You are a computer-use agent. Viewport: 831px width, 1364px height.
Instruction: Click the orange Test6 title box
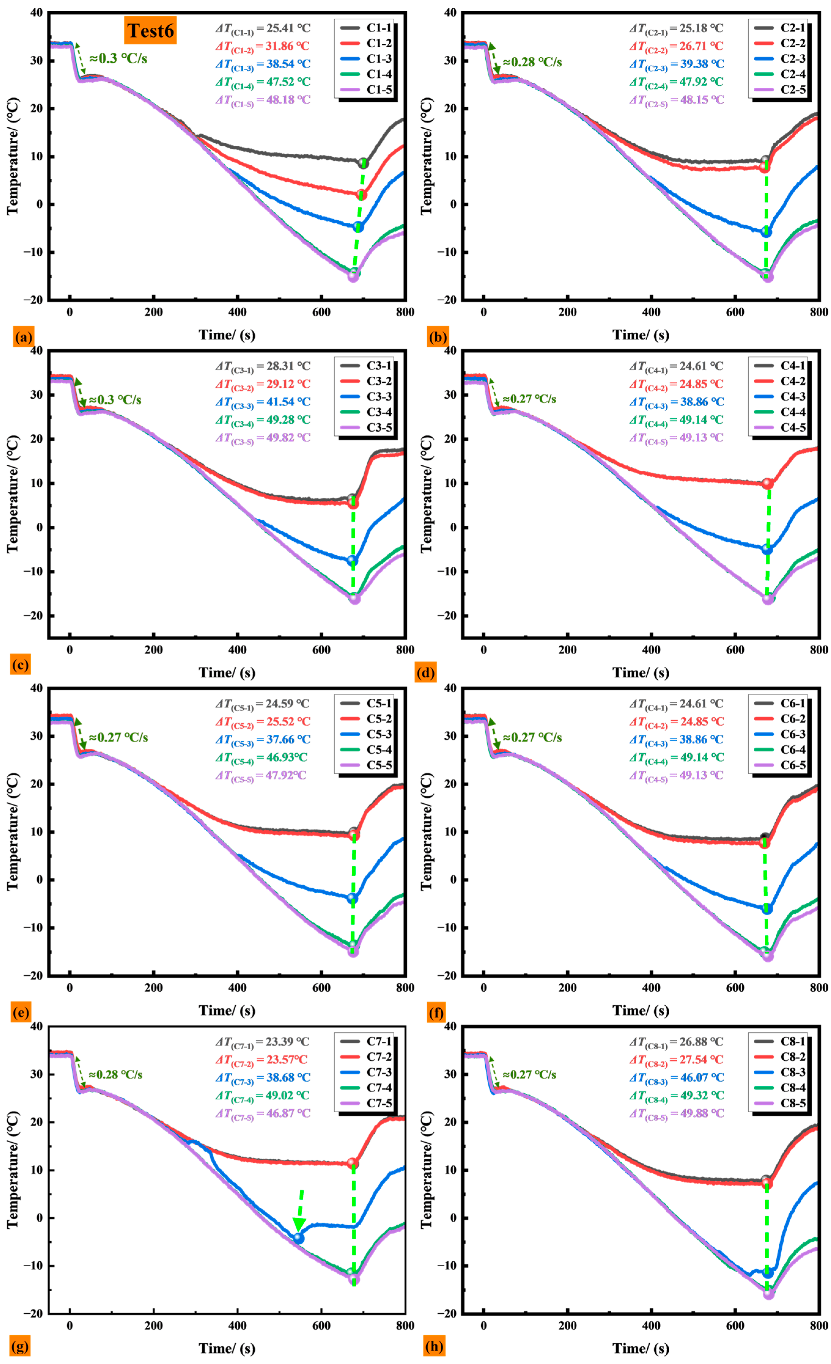pyautogui.click(x=150, y=31)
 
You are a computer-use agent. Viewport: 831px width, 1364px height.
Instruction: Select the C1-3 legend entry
pyautogui.click(x=366, y=59)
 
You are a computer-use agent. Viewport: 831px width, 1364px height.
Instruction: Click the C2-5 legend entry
pyautogui.click(x=779, y=90)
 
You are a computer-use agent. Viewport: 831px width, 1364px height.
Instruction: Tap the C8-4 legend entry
pyautogui.click(x=779, y=1088)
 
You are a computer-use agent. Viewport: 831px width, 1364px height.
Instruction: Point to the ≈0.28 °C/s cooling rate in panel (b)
pyautogui.click(x=532, y=62)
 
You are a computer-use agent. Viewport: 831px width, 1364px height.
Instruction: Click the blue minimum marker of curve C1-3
pyautogui.click(x=358, y=226)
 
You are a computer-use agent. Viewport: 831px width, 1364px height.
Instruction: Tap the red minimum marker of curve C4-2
pyautogui.click(x=767, y=483)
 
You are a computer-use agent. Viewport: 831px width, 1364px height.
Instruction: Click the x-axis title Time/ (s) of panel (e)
pyautogui.click(x=227, y=1010)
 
